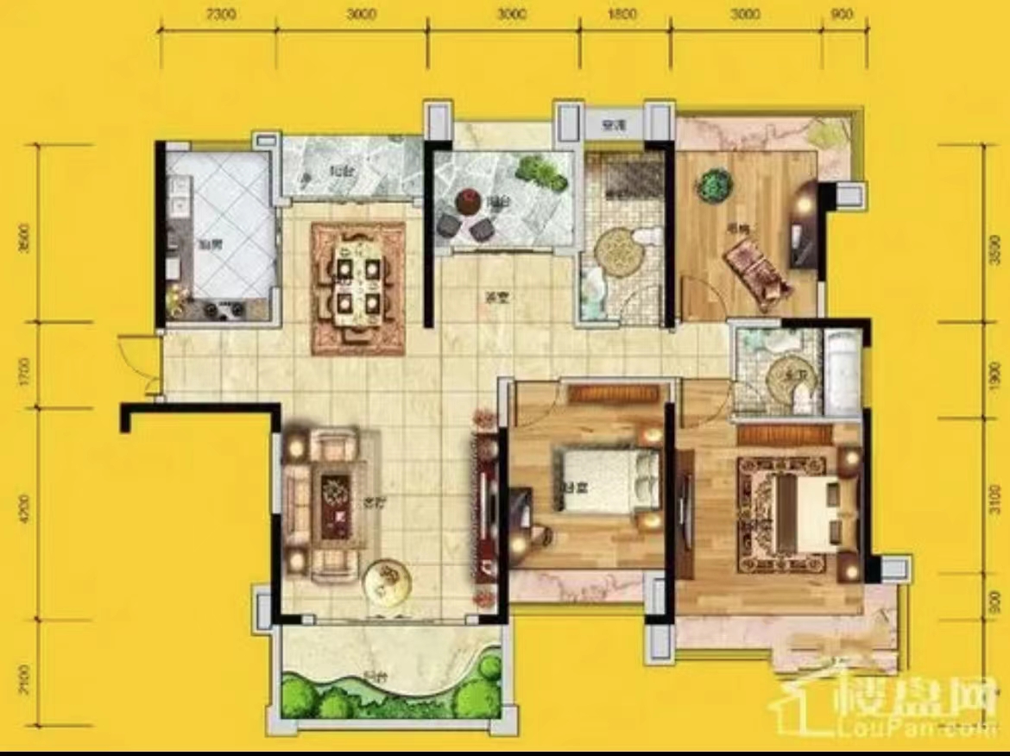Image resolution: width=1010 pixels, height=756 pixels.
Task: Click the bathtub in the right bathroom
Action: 841,372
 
